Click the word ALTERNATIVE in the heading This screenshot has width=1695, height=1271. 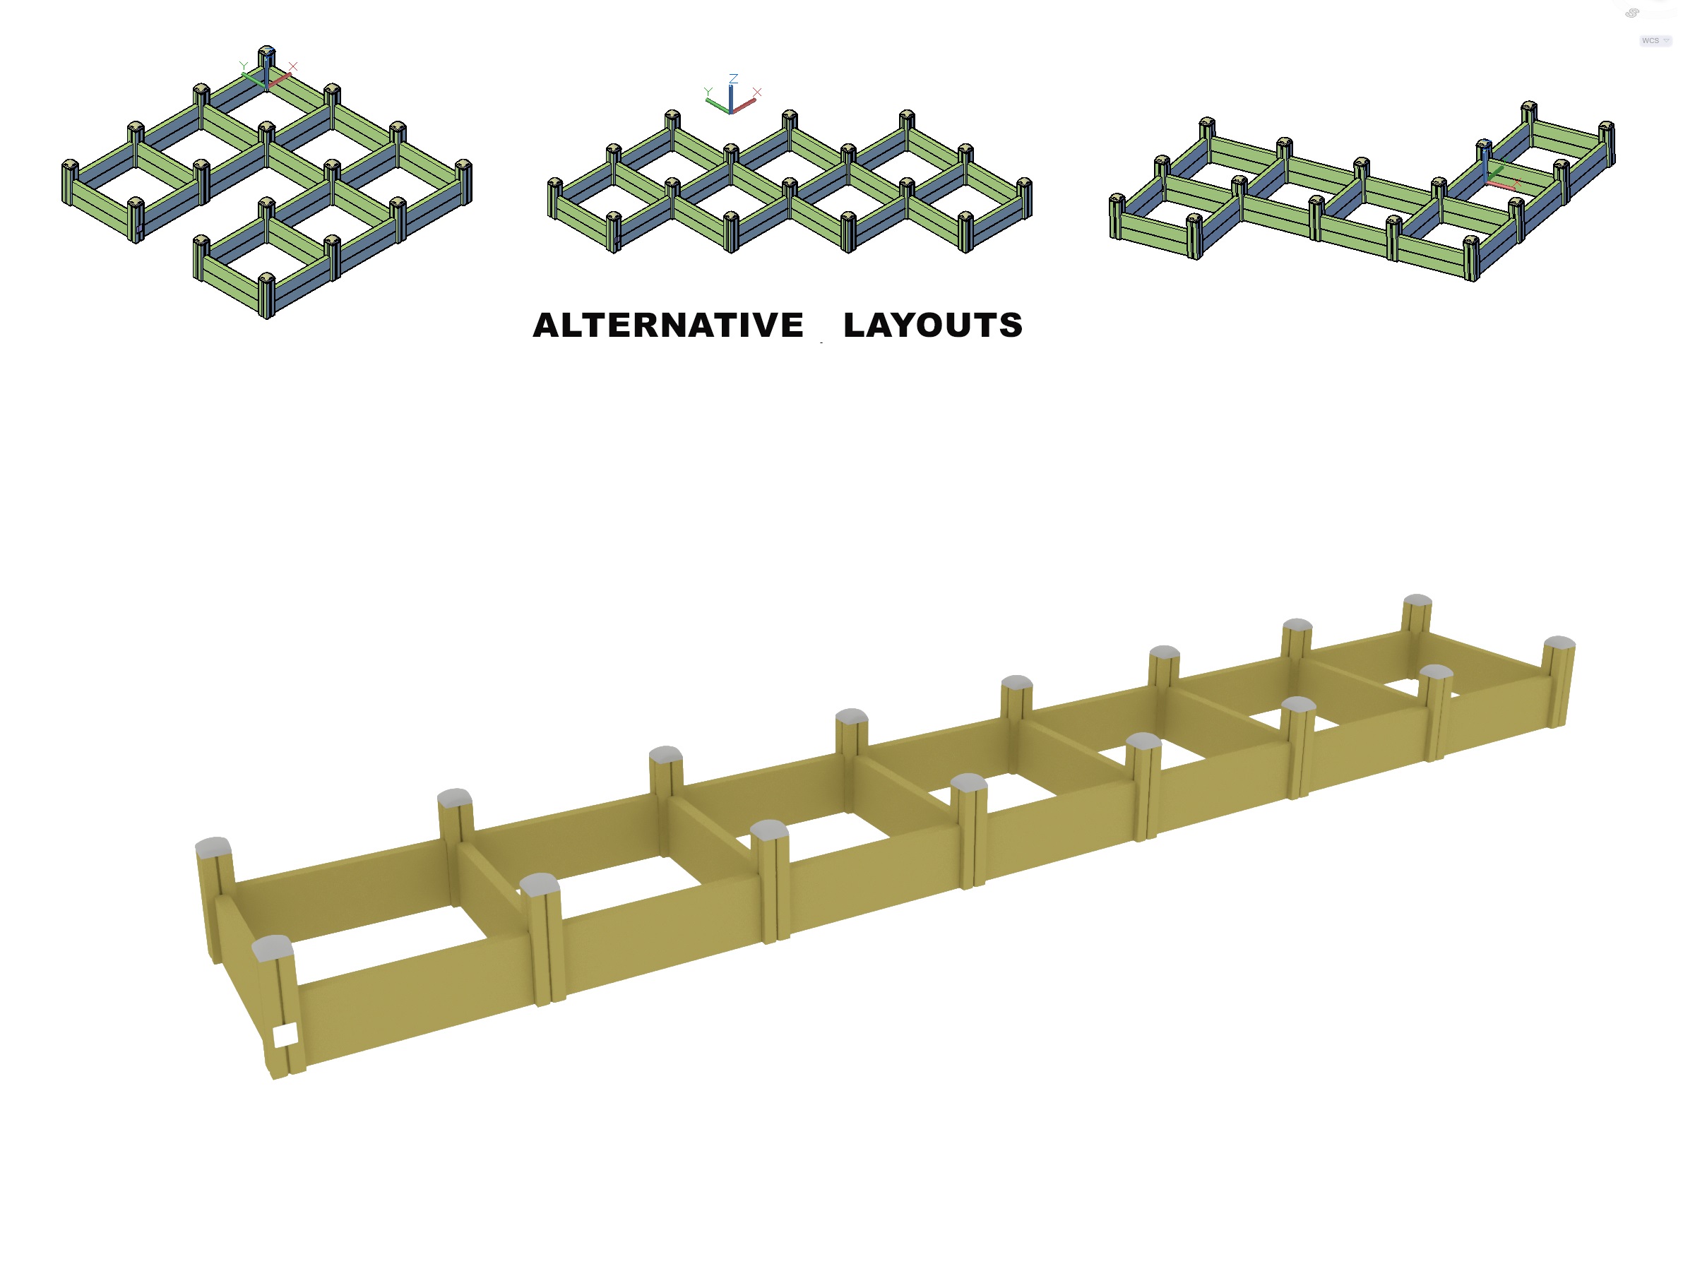pos(667,326)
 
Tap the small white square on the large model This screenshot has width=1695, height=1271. pos(285,1036)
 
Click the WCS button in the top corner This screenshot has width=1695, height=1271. pos(1654,41)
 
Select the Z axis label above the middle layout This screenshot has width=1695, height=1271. pos(733,79)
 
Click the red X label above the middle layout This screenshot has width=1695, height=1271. pos(757,92)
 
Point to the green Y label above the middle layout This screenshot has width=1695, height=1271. pos(708,92)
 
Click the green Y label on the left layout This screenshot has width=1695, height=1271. pos(243,66)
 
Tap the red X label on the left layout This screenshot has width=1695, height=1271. pos(292,66)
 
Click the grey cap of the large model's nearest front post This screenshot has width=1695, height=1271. pos(272,948)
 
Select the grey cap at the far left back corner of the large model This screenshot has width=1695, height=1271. pos(213,847)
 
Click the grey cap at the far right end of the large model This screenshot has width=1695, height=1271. pos(1559,642)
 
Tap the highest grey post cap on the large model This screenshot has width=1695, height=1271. pos(1417,601)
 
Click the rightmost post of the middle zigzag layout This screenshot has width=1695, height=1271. pos(1025,198)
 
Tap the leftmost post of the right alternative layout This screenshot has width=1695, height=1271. pos(1117,216)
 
